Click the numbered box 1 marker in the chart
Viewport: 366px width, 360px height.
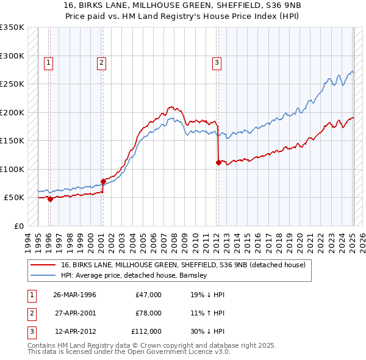[48, 61]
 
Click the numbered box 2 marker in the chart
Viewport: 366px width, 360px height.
[101, 61]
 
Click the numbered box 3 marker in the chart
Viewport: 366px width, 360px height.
[217, 61]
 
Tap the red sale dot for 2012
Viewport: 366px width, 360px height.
[218, 162]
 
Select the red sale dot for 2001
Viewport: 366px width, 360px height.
[103, 181]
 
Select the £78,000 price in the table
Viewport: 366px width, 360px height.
[148, 313]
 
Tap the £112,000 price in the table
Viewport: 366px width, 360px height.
[147, 331]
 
